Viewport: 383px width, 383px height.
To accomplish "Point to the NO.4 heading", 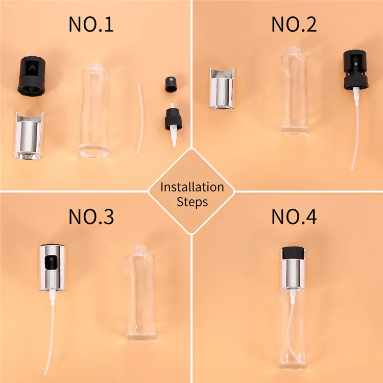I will point(294,217).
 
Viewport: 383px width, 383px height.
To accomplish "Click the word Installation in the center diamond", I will point(192,187).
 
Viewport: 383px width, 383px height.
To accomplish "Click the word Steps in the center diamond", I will point(192,202).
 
